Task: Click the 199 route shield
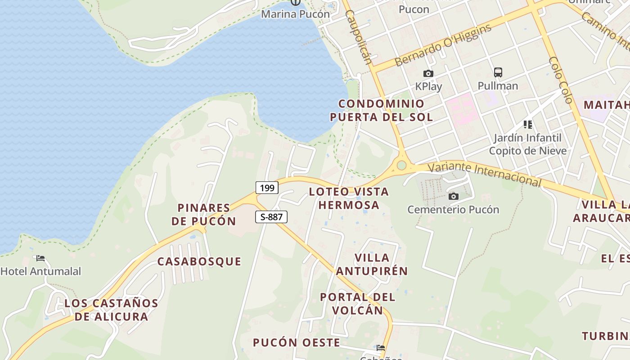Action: tap(267, 188)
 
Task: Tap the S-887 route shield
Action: tap(271, 217)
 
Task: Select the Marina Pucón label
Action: tap(295, 14)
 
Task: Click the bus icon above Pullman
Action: tap(498, 72)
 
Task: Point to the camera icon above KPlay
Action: tap(428, 73)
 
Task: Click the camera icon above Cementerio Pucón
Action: tap(454, 196)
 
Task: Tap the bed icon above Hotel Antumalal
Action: tap(40, 258)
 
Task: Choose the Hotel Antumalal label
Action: tap(40, 271)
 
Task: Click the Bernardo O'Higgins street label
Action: tap(443, 45)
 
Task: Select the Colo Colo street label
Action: tap(561, 80)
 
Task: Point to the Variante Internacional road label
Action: tap(484, 174)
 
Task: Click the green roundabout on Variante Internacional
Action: tap(401, 166)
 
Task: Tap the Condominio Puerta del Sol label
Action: tap(381, 110)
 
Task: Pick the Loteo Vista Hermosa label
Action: tap(349, 198)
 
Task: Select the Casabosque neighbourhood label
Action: tap(199, 261)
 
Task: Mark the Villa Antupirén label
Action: tap(372, 264)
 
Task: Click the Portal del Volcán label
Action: tap(358, 303)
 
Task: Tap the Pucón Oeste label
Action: tap(297, 342)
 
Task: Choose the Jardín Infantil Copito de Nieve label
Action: tap(527, 144)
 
